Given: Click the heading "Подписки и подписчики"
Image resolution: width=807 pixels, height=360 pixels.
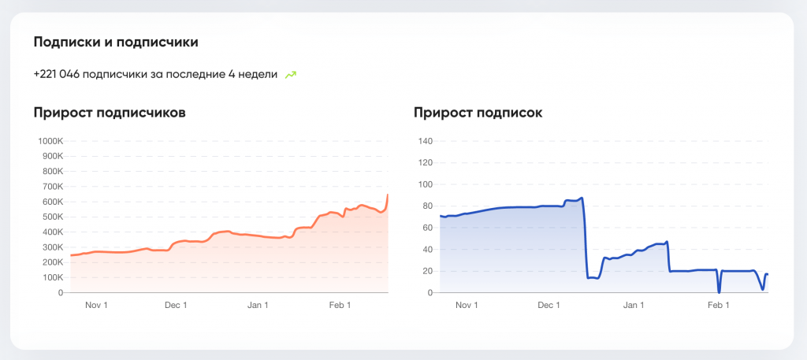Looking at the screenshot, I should click(115, 42).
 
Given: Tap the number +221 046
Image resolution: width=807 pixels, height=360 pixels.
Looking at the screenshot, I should click(58, 75).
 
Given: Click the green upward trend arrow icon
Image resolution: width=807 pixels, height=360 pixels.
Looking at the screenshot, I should click(291, 75).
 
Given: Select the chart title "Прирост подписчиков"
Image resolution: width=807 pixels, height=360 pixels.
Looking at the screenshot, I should click(110, 113).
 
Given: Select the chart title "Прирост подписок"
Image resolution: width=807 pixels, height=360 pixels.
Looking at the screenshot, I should click(478, 113).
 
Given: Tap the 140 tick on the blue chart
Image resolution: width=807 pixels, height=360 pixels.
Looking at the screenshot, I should click(426, 142).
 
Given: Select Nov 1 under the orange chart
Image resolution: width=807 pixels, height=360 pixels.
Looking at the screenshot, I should click(95, 306).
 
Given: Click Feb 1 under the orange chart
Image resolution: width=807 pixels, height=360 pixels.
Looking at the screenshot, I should click(340, 306).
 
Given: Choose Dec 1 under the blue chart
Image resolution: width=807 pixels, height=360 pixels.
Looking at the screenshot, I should click(549, 306).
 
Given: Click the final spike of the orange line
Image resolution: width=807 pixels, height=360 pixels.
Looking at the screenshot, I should click(387, 195).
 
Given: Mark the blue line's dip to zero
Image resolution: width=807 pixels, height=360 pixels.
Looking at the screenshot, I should click(719, 292).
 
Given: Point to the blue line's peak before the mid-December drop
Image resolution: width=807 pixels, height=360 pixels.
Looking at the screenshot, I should click(582, 198).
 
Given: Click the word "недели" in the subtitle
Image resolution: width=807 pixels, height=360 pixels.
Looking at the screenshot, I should click(261, 75).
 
